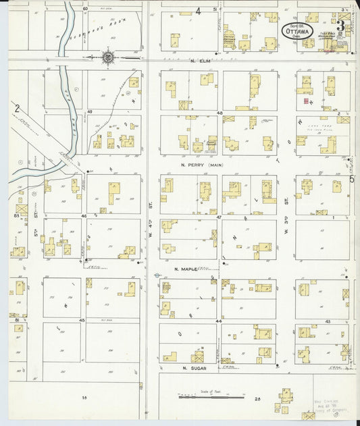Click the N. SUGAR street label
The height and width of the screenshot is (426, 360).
click(192, 368)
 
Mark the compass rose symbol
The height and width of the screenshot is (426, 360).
click(107, 58)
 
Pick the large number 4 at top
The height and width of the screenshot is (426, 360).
click(199, 11)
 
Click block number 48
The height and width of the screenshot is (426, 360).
click(220, 113)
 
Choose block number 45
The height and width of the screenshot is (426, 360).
click(82, 319)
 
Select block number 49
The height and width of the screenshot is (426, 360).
click(89, 111)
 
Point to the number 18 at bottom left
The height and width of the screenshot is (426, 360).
click(85, 399)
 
